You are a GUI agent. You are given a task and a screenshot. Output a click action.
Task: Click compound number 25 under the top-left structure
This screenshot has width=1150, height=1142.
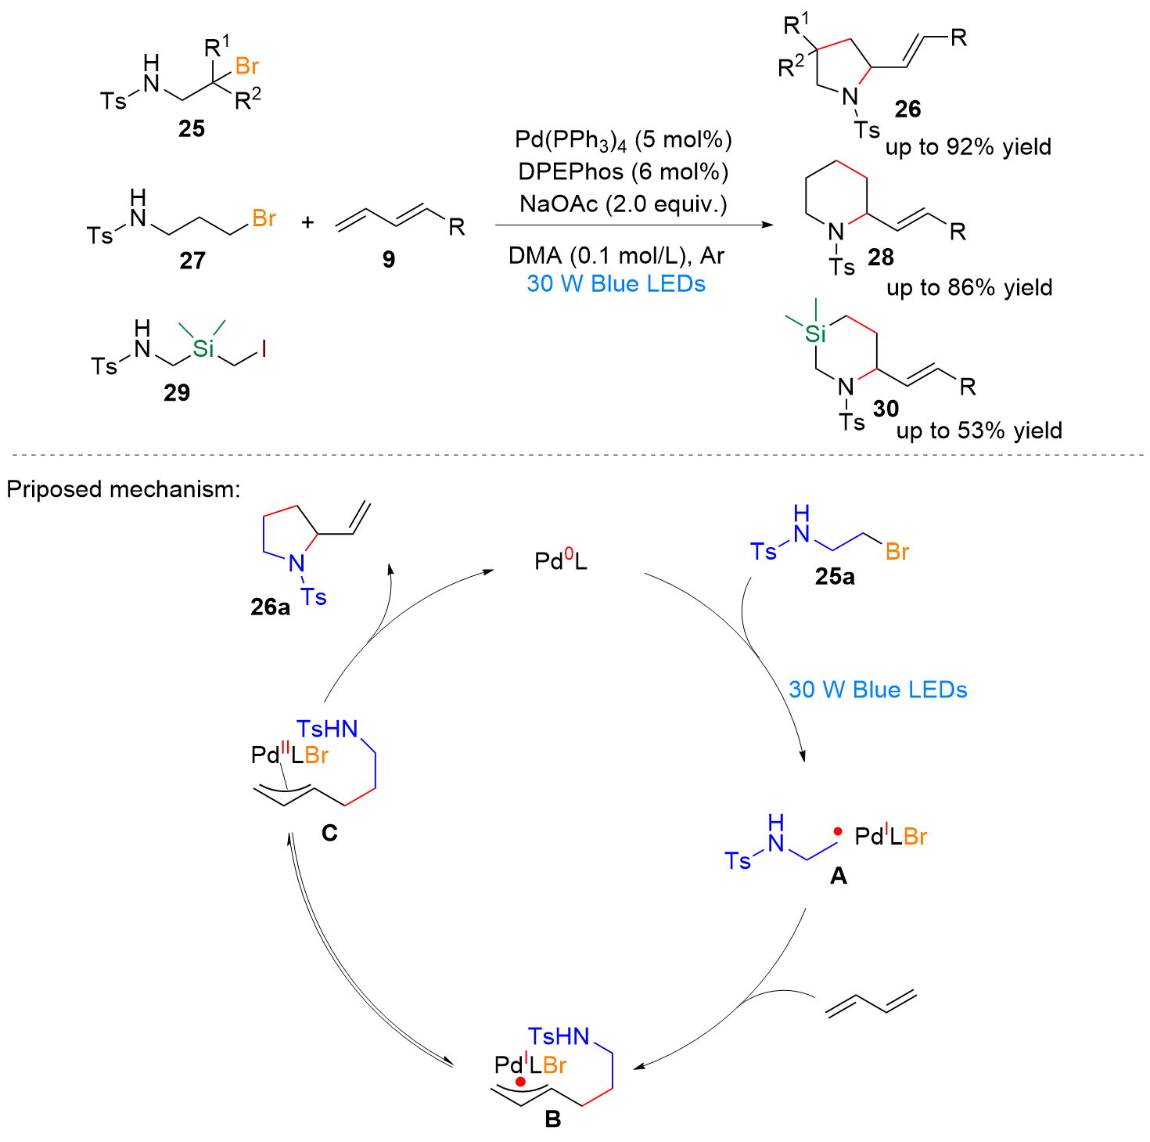tap(191, 128)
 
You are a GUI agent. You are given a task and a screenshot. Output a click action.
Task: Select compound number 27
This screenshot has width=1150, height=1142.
tap(192, 261)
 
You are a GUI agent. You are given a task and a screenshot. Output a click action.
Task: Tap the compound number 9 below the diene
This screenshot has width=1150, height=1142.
tap(389, 258)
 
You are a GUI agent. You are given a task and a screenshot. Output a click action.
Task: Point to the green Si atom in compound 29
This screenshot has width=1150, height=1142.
tap(203, 348)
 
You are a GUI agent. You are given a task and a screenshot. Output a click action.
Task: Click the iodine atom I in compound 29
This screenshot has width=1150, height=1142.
tap(263, 348)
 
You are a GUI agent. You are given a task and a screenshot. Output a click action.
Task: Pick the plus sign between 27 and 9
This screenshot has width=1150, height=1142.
tap(307, 223)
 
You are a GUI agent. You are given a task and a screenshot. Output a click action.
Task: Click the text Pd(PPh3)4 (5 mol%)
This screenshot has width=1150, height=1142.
tap(623, 140)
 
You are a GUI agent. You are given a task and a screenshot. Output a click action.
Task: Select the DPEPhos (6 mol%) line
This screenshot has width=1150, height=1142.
tap(623, 172)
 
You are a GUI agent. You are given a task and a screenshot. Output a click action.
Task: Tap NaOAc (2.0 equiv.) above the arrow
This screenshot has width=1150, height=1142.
tap(623, 204)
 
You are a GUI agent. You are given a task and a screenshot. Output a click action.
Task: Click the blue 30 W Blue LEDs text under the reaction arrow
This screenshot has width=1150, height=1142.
tap(616, 283)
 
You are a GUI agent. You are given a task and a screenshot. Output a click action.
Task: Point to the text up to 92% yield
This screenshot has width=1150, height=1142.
tap(968, 147)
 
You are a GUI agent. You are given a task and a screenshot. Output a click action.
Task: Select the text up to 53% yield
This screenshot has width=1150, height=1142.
tap(979, 431)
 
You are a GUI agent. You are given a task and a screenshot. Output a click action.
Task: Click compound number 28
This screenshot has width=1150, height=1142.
tap(880, 258)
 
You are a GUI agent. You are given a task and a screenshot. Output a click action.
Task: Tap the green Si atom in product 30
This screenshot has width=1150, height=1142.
tap(815, 333)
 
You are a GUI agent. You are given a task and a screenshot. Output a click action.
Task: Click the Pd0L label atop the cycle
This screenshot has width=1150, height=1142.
tap(560, 560)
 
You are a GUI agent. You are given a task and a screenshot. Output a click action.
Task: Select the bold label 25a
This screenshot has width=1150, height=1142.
tap(834, 576)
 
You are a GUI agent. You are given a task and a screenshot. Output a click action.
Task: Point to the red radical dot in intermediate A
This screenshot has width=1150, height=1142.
tap(838, 831)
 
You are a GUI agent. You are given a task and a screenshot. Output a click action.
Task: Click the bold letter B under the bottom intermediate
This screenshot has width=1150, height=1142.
tap(552, 1119)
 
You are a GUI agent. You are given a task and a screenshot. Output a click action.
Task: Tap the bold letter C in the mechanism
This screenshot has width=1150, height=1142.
tap(329, 833)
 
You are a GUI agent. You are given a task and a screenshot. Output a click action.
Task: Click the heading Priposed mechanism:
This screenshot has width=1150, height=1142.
tap(123, 490)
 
